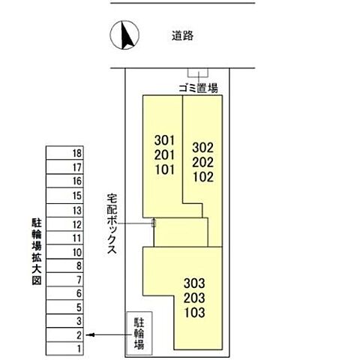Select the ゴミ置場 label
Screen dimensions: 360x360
coord(198,87)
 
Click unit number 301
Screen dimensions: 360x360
coord(165,140)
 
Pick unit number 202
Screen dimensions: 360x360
coord(203,162)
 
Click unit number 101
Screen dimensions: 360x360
coord(165,169)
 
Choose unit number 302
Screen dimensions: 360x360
coord(203,148)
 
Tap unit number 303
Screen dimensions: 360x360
coord(193,283)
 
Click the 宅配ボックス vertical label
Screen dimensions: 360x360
coord(112,224)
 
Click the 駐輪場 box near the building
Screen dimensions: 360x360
coord(139,334)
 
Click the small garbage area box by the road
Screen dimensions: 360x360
coord(196,73)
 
